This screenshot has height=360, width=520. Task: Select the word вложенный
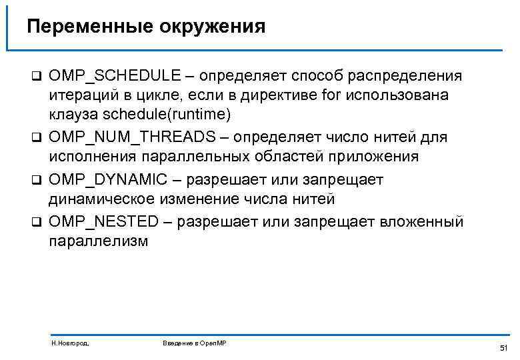[422, 221]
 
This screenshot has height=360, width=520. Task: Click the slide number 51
[503, 348]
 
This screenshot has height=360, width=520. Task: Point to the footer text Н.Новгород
[70, 343]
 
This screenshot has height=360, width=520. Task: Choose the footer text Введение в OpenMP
[195, 343]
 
